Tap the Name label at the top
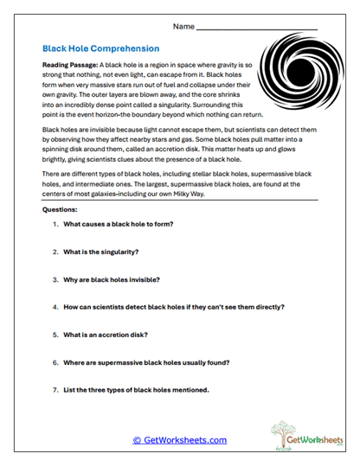183,27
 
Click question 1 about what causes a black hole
118,225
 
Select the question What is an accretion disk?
106,335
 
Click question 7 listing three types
136,390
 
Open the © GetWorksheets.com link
179,440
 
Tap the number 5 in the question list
55,335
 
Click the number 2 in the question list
55,252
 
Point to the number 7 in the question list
55,390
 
